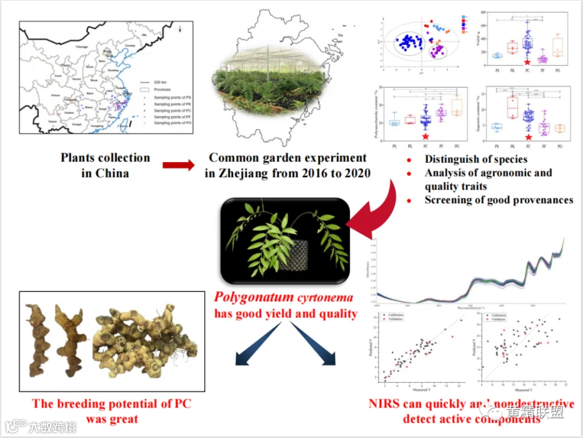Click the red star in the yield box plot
click(x=527, y=62)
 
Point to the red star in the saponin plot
click(x=527, y=137)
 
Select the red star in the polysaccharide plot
click(x=425, y=136)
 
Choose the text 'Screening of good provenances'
click(x=499, y=200)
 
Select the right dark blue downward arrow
click(x=324, y=350)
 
